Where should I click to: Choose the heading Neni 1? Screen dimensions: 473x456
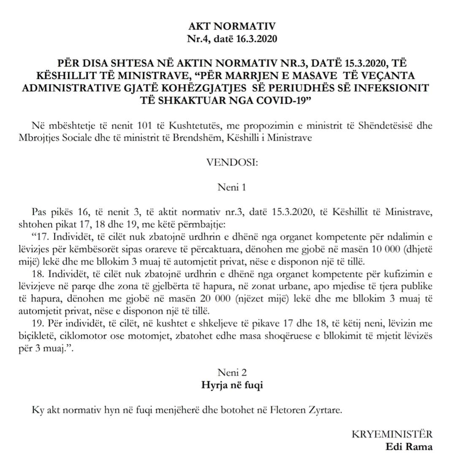point(231,187)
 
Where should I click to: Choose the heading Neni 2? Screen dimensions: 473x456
point(232,372)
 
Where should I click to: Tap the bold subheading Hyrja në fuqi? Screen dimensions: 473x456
point(231,385)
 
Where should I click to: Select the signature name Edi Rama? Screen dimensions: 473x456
point(409,447)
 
